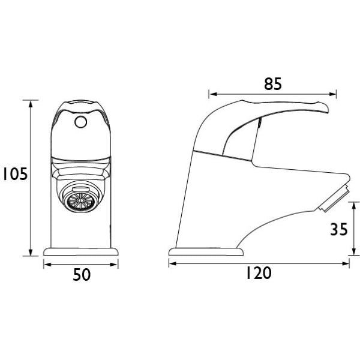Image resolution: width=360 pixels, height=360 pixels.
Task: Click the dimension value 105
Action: (x=15, y=174)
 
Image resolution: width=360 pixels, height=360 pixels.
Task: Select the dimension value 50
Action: (x=82, y=275)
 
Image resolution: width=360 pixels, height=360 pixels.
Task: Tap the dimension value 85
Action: (x=273, y=84)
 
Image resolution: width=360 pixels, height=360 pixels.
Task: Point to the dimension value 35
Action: (x=339, y=229)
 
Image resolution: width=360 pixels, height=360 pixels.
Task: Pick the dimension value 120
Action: (x=259, y=273)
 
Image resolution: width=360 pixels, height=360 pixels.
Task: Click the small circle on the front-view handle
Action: (x=80, y=122)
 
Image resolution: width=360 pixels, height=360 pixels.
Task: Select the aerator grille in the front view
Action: (x=81, y=200)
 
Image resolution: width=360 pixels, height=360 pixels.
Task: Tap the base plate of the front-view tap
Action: (x=81, y=251)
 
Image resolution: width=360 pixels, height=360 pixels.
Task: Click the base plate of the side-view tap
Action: (x=206, y=251)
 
